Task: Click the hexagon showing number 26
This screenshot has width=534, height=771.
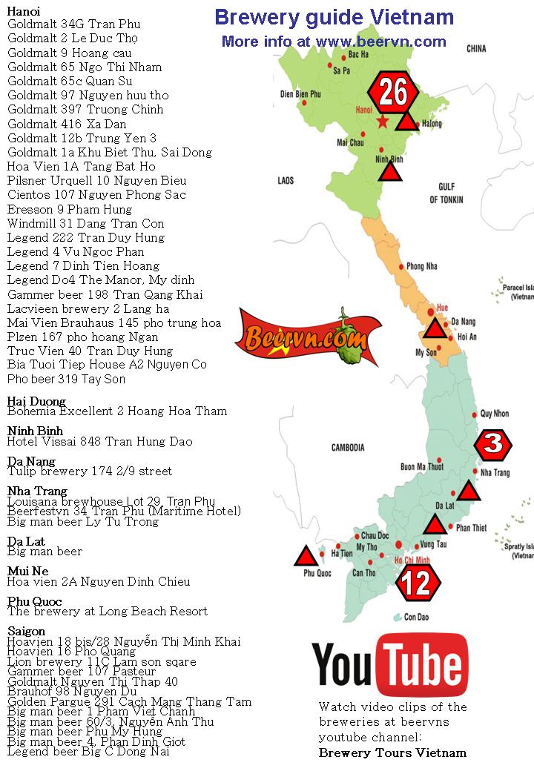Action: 393,93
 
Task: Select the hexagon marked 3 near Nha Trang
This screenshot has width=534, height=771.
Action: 494,444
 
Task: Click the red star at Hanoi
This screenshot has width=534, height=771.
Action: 382,122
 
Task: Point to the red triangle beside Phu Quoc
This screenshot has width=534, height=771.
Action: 304,557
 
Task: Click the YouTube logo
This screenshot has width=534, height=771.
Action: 389,665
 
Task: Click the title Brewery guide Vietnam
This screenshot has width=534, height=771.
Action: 334,17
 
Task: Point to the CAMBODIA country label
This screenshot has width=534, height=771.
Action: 347,448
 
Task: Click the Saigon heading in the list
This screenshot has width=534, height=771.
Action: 26,632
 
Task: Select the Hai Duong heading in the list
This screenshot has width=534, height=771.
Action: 36,402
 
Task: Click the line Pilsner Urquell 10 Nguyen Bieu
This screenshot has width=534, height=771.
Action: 96,181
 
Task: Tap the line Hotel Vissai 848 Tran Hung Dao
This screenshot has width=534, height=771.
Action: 99,442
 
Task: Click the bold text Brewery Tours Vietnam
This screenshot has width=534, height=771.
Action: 392,752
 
